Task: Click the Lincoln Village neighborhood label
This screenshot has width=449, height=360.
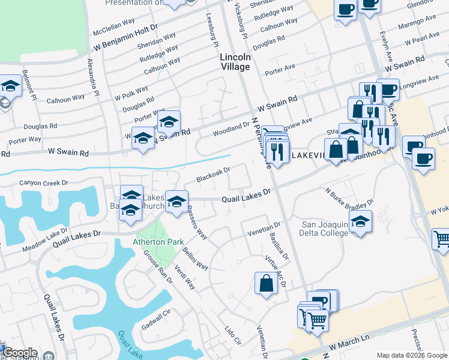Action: coord(235,62)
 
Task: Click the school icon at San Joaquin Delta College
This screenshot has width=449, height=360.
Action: coord(360,221)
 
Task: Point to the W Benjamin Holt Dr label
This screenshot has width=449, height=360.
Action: coord(124,38)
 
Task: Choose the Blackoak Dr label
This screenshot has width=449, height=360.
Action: coord(213,175)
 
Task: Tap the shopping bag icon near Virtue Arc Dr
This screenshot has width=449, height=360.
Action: coord(266,284)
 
